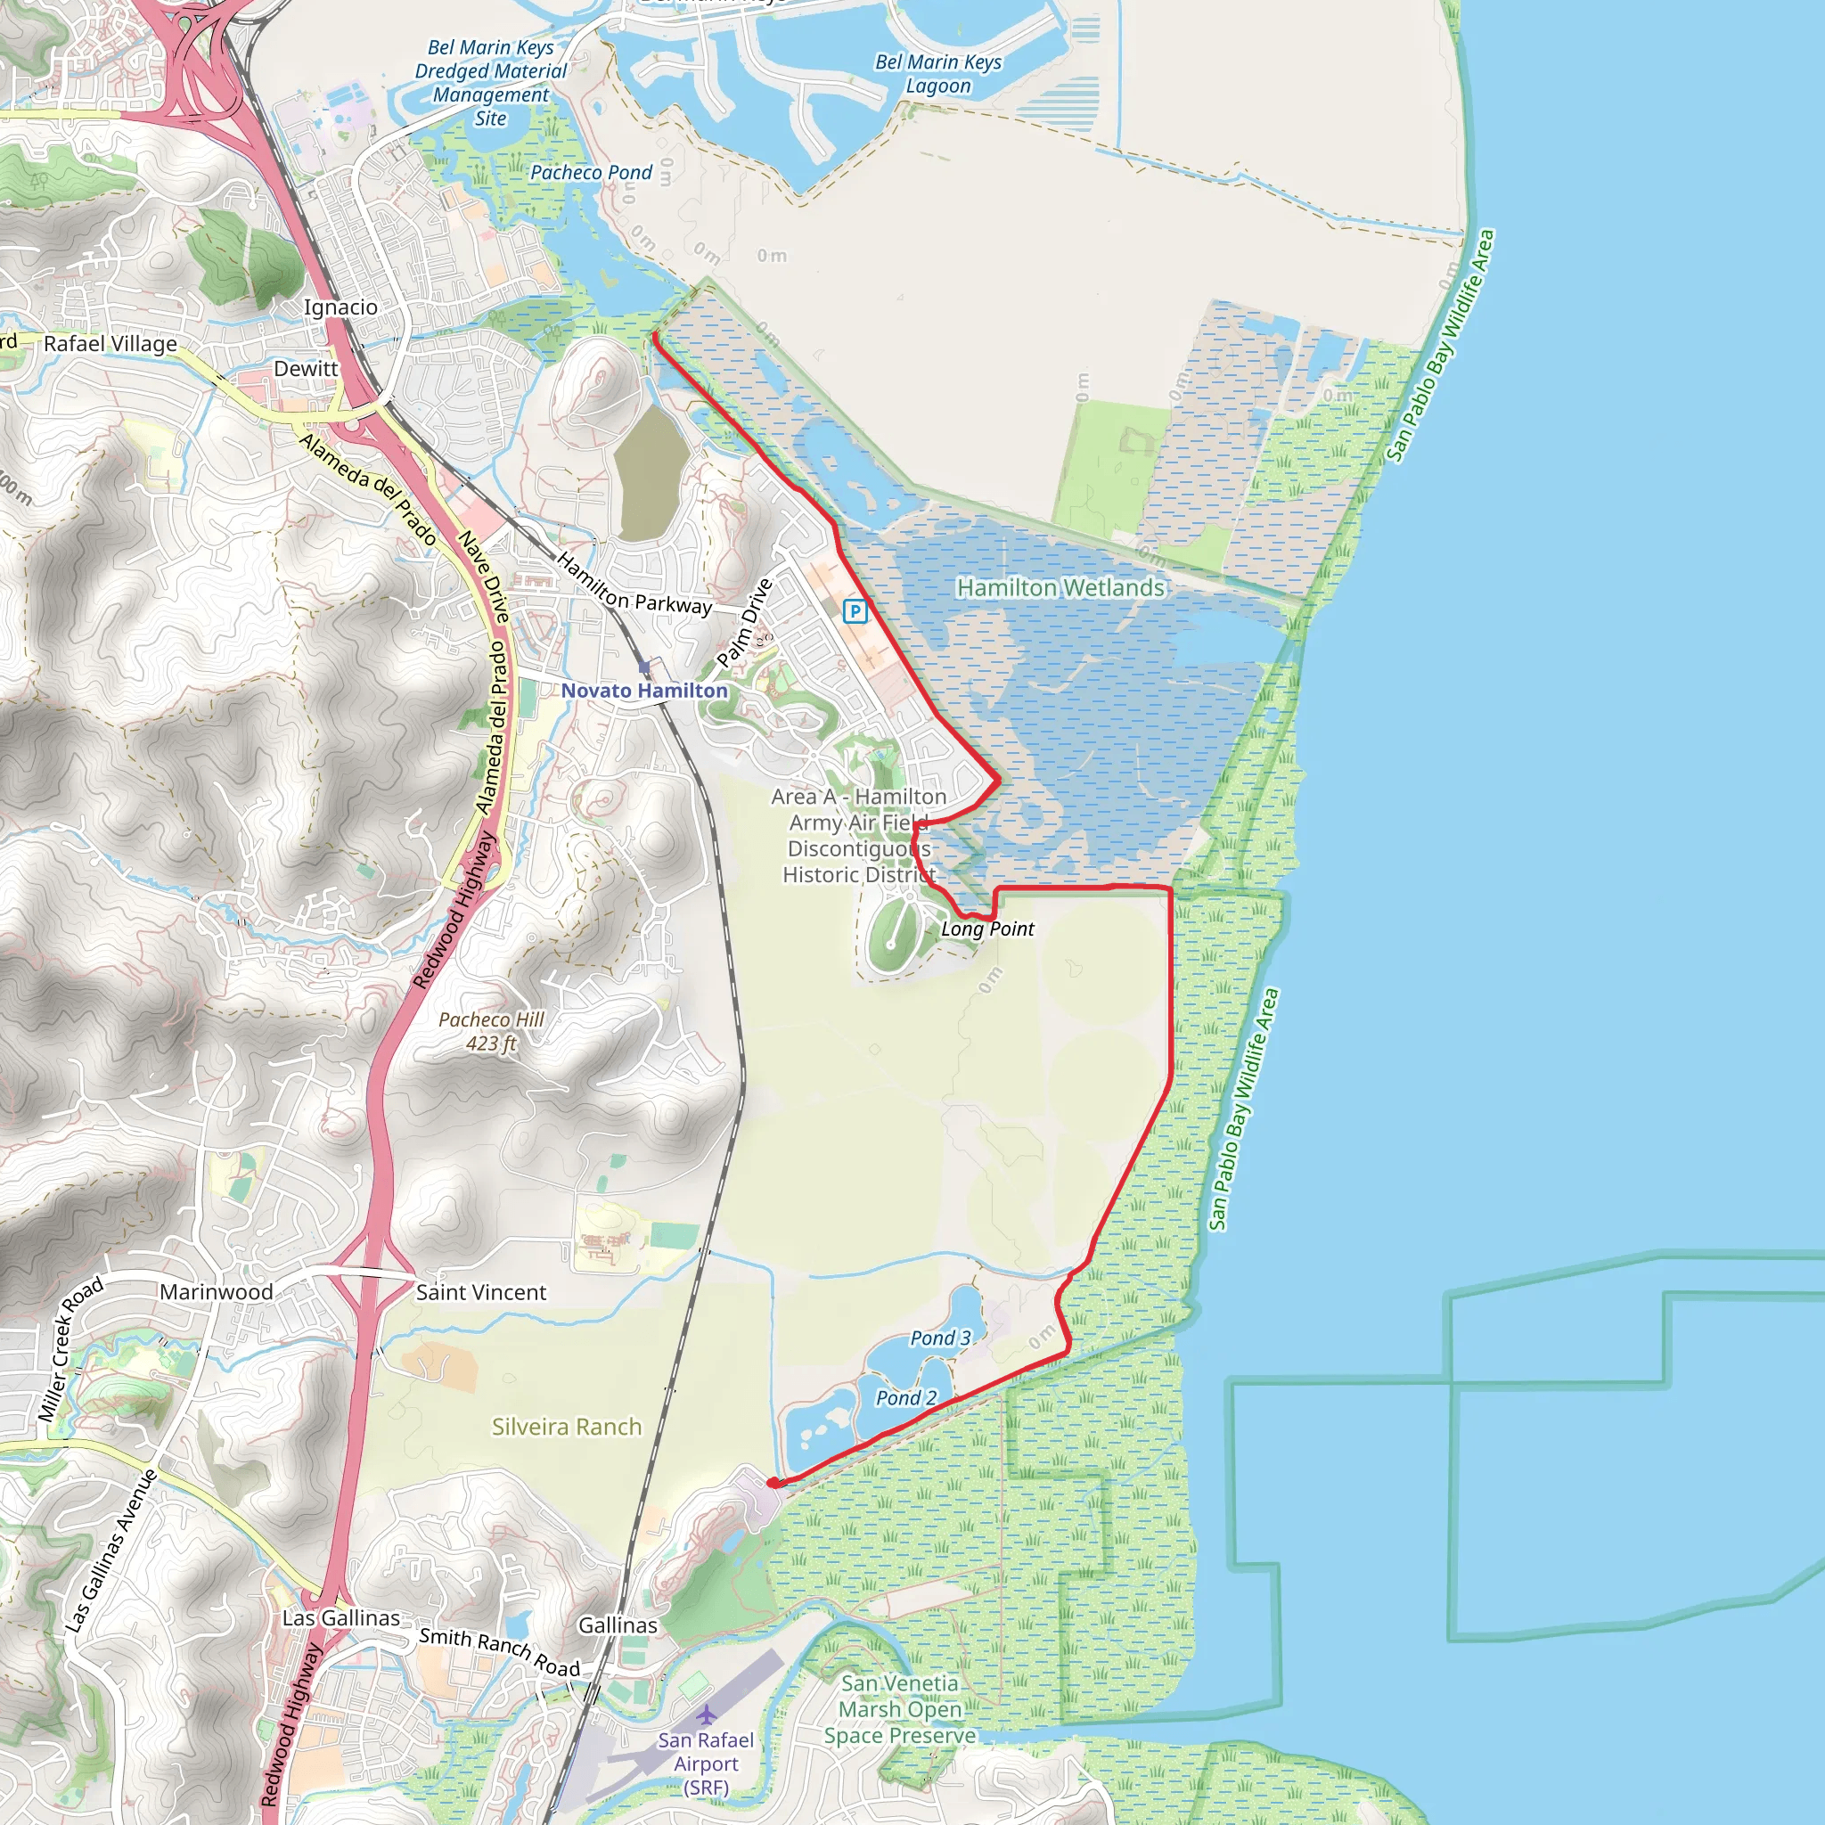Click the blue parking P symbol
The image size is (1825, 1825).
855,611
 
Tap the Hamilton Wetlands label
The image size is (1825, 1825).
1060,587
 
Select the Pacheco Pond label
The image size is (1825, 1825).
591,172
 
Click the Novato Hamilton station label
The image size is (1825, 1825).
644,691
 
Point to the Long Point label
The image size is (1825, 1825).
987,929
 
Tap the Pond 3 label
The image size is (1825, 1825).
940,1338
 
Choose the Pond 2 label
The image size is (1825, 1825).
906,1398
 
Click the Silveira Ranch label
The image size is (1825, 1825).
567,1427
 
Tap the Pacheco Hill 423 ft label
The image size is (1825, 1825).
491,1032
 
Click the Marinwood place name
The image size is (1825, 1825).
217,1291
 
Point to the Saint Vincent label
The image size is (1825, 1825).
481,1292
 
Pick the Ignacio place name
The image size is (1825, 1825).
340,307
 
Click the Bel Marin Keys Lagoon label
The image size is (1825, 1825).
938,74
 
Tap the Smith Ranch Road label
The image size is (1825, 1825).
500,1651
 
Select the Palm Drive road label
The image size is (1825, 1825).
744,623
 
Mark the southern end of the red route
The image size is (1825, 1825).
773,1483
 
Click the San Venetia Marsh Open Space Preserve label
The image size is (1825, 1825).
900,1709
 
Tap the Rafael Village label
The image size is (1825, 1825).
110,344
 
